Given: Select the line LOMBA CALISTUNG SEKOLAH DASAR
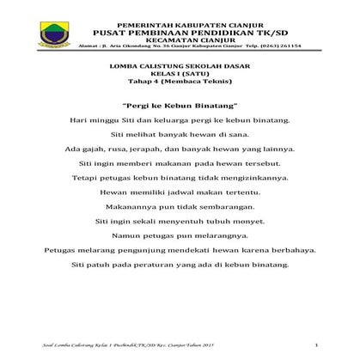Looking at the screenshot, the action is point(179,65).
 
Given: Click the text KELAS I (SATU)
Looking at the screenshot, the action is point(179,75).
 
